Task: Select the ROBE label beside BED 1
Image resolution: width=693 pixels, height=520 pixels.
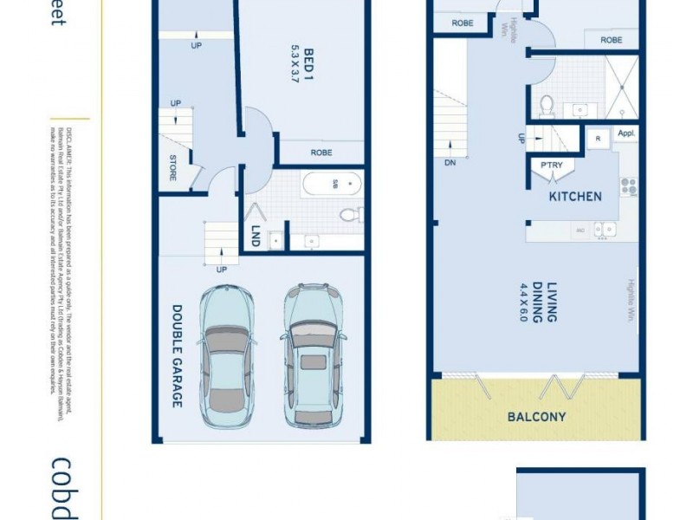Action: click(x=321, y=153)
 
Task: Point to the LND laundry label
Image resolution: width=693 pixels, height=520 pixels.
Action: click(x=255, y=236)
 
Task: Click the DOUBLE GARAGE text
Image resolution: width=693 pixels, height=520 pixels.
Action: click(x=176, y=355)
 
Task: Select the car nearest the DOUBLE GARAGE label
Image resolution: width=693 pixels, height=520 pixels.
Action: click(x=227, y=355)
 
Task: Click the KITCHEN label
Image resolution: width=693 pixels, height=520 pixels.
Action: click(x=574, y=197)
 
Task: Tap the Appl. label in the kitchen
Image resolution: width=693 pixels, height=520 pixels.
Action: click(x=626, y=134)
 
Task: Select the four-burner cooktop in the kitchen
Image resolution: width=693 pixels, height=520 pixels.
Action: click(x=628, y=186)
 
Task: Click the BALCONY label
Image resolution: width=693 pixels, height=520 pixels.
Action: click(x=536, y=417)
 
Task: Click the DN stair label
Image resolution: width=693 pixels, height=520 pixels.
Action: click(x=449, y=163)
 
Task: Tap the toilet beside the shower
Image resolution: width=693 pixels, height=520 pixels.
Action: click(x=547, y=105)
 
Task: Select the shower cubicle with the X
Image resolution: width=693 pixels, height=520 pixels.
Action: click(x=620, y=87)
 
